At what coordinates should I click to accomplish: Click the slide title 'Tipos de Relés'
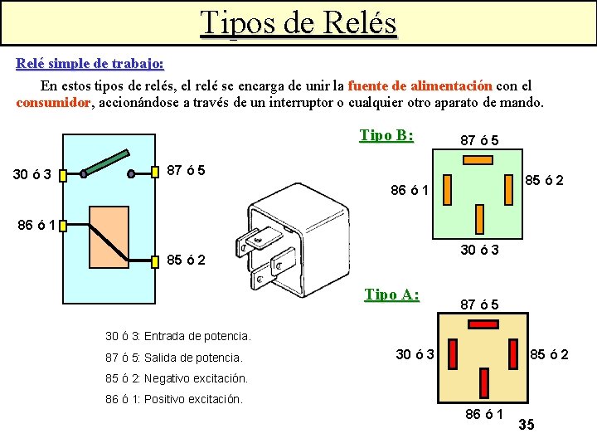298,22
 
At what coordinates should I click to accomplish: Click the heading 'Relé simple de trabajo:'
90,63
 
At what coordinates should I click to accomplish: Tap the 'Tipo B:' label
386,135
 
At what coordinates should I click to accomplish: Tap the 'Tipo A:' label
392,295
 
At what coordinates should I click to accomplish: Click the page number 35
526,426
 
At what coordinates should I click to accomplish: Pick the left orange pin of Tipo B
446,190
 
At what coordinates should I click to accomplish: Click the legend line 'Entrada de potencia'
178,337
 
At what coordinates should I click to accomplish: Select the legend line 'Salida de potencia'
174,358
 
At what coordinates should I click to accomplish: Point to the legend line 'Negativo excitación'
177,378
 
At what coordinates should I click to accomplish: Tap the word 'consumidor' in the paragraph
53,103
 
